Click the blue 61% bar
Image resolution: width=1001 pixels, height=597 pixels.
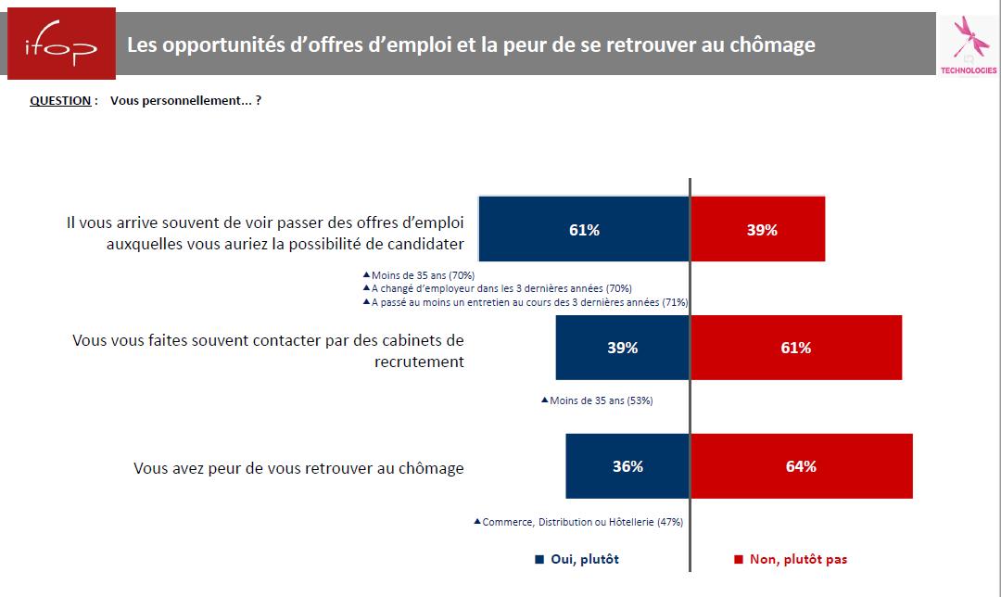coord(584,230)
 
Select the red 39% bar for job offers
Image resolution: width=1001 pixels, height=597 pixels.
coord(758,230)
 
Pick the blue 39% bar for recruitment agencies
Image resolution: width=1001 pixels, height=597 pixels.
coord(622,348)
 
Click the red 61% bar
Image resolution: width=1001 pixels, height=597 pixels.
coord(796,348)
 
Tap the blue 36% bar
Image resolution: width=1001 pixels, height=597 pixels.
coord(627,466)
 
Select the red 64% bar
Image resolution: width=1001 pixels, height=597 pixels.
coord(802,466)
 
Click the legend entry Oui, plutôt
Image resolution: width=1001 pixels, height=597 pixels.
coord(577,559)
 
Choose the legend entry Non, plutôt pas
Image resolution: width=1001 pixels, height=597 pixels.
coord(791,559)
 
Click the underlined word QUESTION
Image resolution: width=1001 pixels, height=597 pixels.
coord(61,100)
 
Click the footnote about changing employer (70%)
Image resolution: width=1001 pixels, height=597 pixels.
coord(501,288)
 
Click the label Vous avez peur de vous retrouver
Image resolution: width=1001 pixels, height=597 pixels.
coord(298,468)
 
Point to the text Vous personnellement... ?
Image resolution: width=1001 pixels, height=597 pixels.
coord(185,100)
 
